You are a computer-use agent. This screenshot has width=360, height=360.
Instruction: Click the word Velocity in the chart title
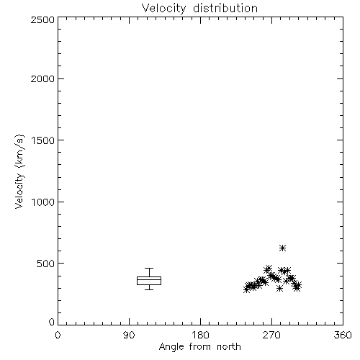pos(163,9)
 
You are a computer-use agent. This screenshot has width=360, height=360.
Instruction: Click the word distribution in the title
pos(225,8)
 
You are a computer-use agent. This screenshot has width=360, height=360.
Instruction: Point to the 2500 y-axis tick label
pos(42,19)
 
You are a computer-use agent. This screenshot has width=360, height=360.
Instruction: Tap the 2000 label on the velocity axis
pos(42,78)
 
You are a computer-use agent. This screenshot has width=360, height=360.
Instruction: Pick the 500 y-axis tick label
pos(46,264)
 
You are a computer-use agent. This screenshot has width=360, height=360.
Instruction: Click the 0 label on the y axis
pos(52,322)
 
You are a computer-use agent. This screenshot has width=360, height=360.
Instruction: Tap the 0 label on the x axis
pos(58,335)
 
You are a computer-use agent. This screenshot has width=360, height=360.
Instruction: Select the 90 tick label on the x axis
pos(129,335)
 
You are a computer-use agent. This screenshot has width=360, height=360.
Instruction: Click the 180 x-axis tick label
pos(200,335)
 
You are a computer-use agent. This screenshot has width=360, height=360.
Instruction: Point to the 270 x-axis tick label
pos(271,335)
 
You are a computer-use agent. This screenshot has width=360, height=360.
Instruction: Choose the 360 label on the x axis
pos(343,335)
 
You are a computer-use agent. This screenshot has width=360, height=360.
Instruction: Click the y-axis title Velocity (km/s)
pos(19,171)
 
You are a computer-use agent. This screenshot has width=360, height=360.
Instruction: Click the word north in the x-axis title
pos(229,347)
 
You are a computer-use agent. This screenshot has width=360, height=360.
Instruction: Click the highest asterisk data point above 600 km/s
pos(283,248)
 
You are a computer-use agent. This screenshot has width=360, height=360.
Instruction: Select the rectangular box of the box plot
pos(149,276)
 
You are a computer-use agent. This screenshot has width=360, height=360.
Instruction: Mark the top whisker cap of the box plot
pos(149,268)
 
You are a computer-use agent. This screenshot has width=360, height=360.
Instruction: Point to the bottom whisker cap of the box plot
pos(149,289)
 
